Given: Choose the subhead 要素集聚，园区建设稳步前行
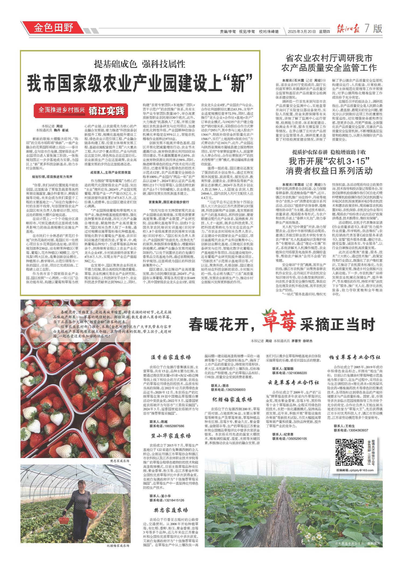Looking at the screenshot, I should pos(169,202).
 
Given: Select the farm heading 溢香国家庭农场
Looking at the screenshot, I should pos(170,358).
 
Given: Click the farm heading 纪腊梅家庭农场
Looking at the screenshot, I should pos(232,399).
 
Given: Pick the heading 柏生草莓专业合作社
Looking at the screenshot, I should pos(355,357).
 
